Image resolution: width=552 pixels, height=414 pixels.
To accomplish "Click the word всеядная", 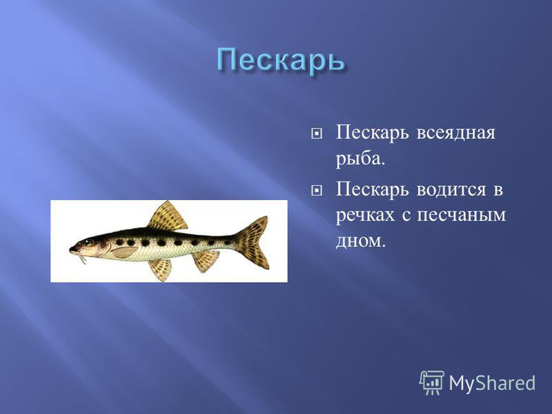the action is [456, 132].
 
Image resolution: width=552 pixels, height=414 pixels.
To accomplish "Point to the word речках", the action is [365, 215].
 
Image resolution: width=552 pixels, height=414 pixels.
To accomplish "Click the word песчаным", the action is [461, 215].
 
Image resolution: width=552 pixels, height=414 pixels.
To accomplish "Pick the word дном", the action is [358, 241].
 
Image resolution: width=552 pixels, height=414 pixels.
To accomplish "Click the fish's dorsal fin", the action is [168, 217].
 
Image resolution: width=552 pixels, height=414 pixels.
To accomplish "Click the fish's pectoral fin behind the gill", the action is [124, 252].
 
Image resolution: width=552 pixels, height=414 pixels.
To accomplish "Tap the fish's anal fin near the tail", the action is [206, 261].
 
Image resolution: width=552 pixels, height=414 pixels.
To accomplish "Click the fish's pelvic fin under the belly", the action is [161, 270].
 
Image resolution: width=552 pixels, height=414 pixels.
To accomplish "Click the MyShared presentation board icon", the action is [432, 383].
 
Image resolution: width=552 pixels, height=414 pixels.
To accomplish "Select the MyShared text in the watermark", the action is [492, 383].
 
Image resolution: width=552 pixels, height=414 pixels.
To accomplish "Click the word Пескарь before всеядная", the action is [373, 133].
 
